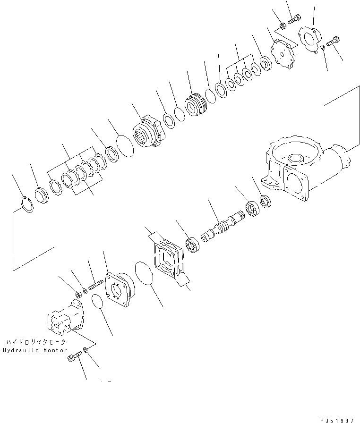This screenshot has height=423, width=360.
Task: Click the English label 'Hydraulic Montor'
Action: [35, 350]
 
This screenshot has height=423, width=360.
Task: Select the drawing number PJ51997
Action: [337, 421]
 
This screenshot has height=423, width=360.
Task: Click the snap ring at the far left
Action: [27, 205]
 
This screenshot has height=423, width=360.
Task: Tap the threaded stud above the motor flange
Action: [96, 285]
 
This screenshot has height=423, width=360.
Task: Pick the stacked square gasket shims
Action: [169, 259]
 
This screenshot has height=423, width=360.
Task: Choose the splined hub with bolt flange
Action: [148, 131]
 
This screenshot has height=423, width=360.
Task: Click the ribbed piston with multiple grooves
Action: [196, 104]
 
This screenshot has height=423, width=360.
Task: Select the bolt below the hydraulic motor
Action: [74, 356]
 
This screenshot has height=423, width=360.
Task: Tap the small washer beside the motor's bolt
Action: [86, 350]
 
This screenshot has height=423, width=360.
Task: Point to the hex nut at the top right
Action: [283, 26]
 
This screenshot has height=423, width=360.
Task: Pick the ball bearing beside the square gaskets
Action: [192, 245]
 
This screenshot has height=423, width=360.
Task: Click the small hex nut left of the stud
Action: [78, 295]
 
